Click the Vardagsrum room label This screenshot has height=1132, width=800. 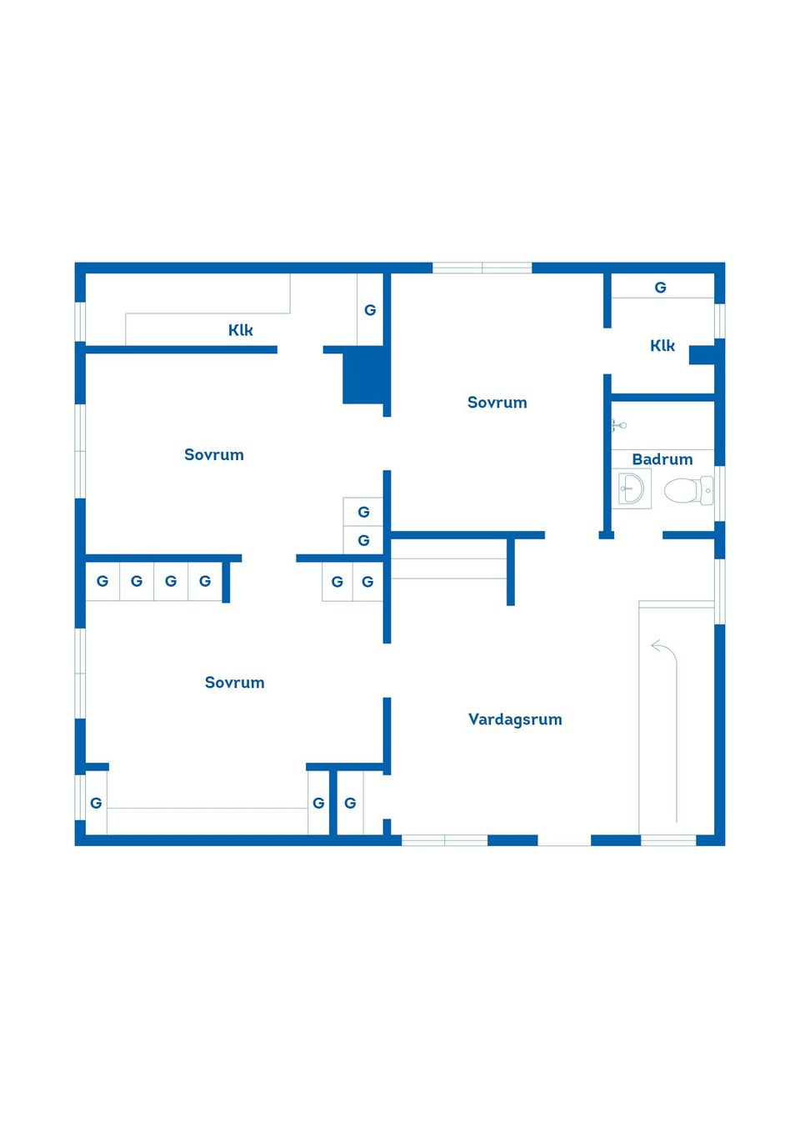point(515,719)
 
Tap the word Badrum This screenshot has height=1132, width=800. point(662,459)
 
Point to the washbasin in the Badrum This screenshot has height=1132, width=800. point(632,488)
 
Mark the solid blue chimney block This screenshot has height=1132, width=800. point(364,377)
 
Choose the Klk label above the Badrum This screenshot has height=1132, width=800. point(662,346)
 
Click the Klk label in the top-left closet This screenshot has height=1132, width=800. point(241,330)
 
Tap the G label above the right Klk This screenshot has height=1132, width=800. point(661,288)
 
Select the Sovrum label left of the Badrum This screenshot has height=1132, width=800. point(497,403)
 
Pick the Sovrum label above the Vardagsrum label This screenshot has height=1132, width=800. point(497,403)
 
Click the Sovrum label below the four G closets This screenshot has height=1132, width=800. point(235,683)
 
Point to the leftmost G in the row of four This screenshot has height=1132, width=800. point(102,582)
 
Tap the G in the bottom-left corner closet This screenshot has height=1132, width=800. point(96,804)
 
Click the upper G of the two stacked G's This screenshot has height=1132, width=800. point(363,513)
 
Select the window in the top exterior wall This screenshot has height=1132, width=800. point(482,268)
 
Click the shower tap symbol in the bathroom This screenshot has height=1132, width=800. point(617,425)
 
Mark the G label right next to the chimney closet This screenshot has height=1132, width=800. point(370,310)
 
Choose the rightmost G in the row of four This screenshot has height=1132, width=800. point(205,582)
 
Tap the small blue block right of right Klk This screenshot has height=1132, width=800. point(702,355)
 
